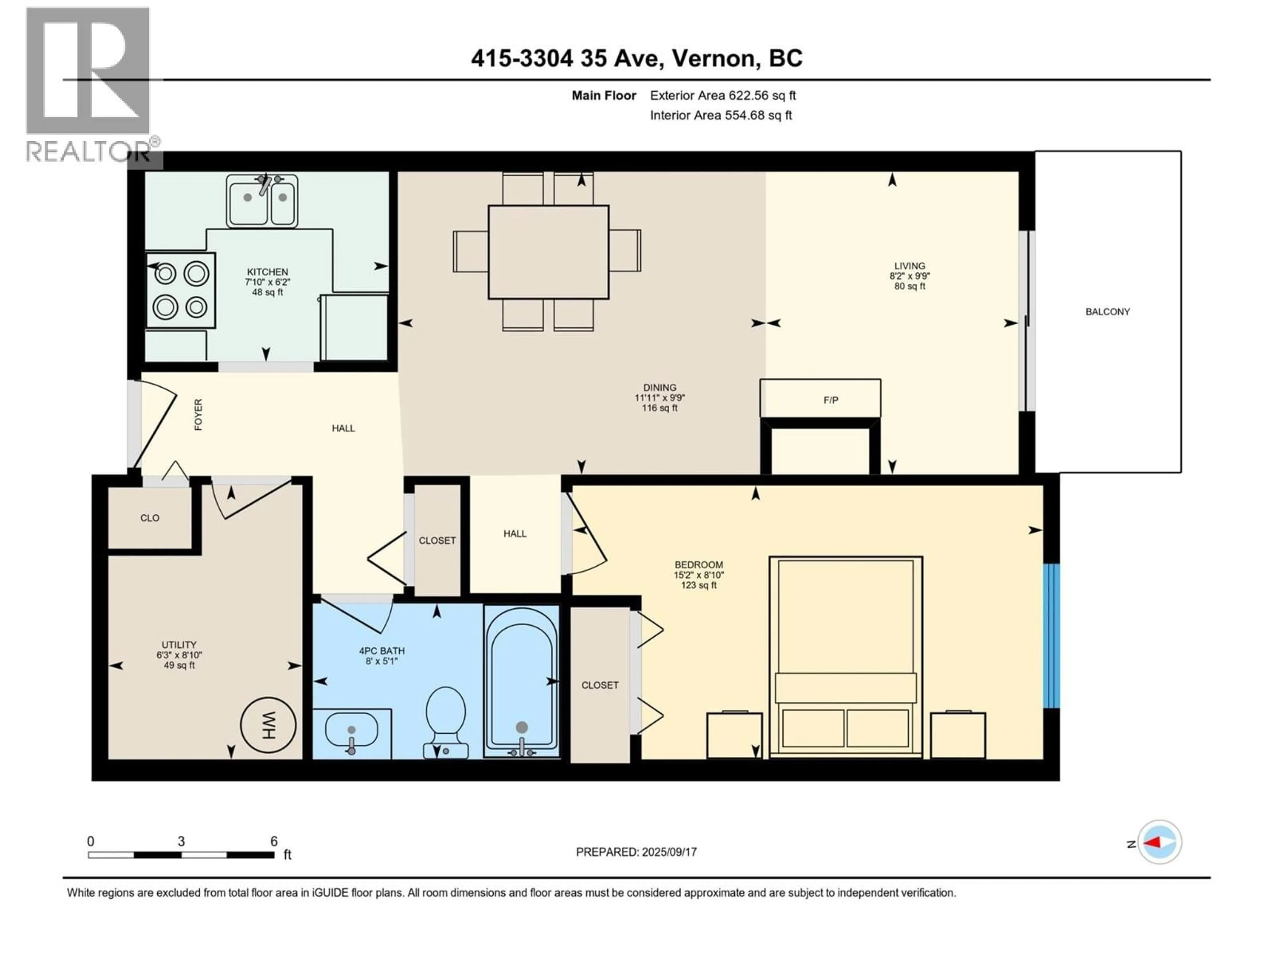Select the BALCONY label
coord(1107,311)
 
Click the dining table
coord(548,252)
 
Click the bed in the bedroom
coord(845,656)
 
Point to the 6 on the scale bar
coord(274,841)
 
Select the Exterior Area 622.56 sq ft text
coord(723,95)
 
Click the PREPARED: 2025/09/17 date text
coord(636,852)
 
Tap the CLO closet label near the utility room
coord(150,518)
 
